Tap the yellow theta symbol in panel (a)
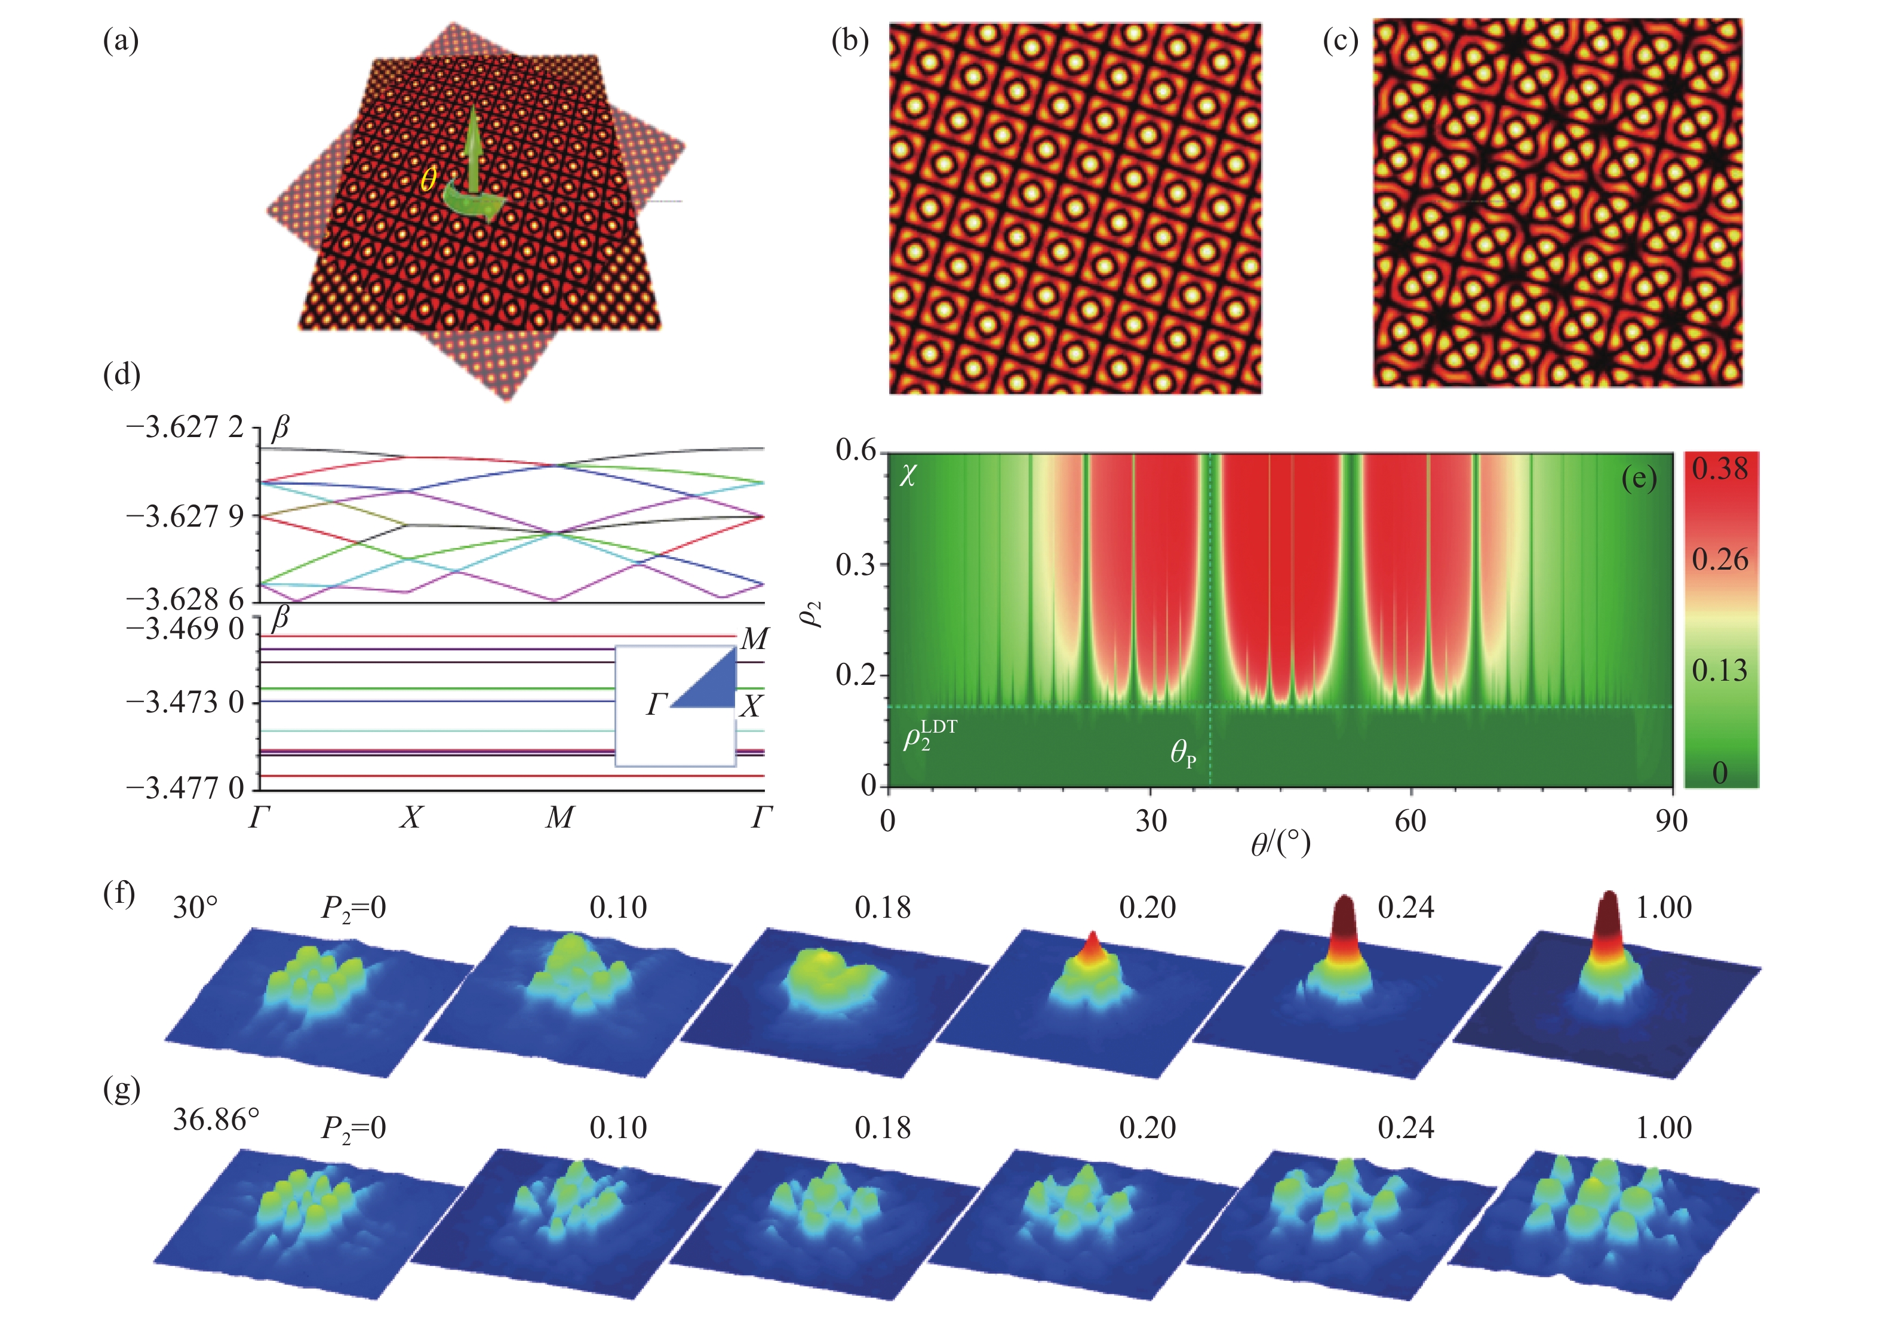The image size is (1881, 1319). (x=428, y=179)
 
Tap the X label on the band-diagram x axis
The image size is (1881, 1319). (x=410, y=817)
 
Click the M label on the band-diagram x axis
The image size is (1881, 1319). (x=560, y=817)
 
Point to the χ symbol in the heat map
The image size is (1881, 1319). (x=908, y=475)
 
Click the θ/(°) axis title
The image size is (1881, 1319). (x=1280, y=844)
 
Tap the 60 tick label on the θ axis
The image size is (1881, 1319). (x=1410, y=820)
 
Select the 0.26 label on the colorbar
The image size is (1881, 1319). (x=1720, y=560)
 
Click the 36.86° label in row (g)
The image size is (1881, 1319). (x=216, y=1119)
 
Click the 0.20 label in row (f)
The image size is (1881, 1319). (x=1147, y=908)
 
